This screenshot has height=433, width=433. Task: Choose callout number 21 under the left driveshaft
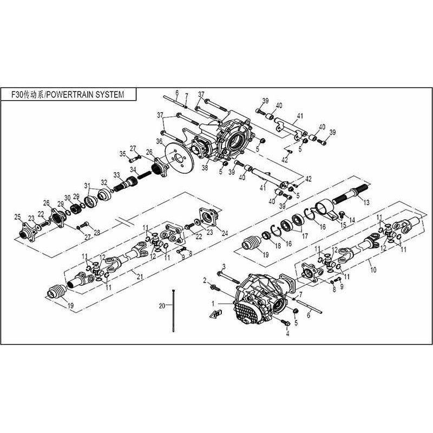coord(140,277)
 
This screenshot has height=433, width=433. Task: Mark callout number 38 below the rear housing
coord(205,168)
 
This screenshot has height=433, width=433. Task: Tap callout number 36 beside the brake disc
coord(159,142)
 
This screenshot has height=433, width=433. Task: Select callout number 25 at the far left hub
coord(17,217)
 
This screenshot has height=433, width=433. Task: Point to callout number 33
coord(116,174)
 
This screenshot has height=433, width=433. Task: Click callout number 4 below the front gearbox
coord(287,333)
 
